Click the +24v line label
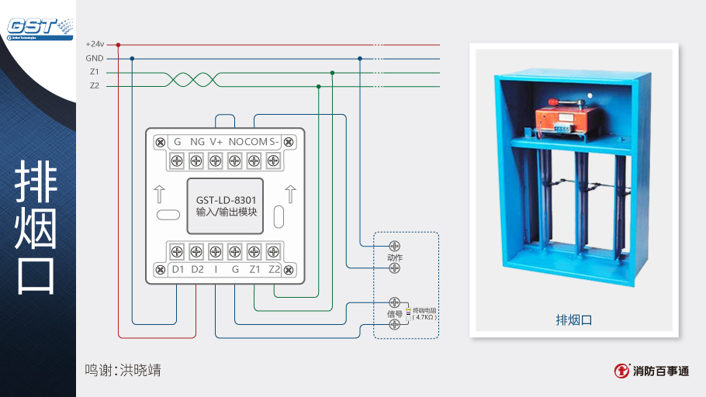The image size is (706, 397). pyautogui.click(x=95, y=44)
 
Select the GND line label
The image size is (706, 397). pyautogui.click(x=95, y=58)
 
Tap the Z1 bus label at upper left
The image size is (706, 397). pyautogui.click(x=95, y=72)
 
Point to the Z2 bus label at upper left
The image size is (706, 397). pyautogui.click(x=95, y=86)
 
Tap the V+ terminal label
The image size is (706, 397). pyautogui.click(x=216, y=142)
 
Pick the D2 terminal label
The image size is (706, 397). pyautogui.click(x=197, y=270)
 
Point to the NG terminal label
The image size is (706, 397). pyautogui.click(x=197, y=142)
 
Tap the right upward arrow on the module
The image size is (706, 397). pyautogui.click(x=291, y=193)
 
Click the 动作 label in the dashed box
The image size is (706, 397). pyautogui.click(x=395, y=257)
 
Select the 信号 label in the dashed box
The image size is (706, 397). pyautogui.click(x=395, y=314)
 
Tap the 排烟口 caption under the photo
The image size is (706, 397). pyautogui.click(x=574, y=319)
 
